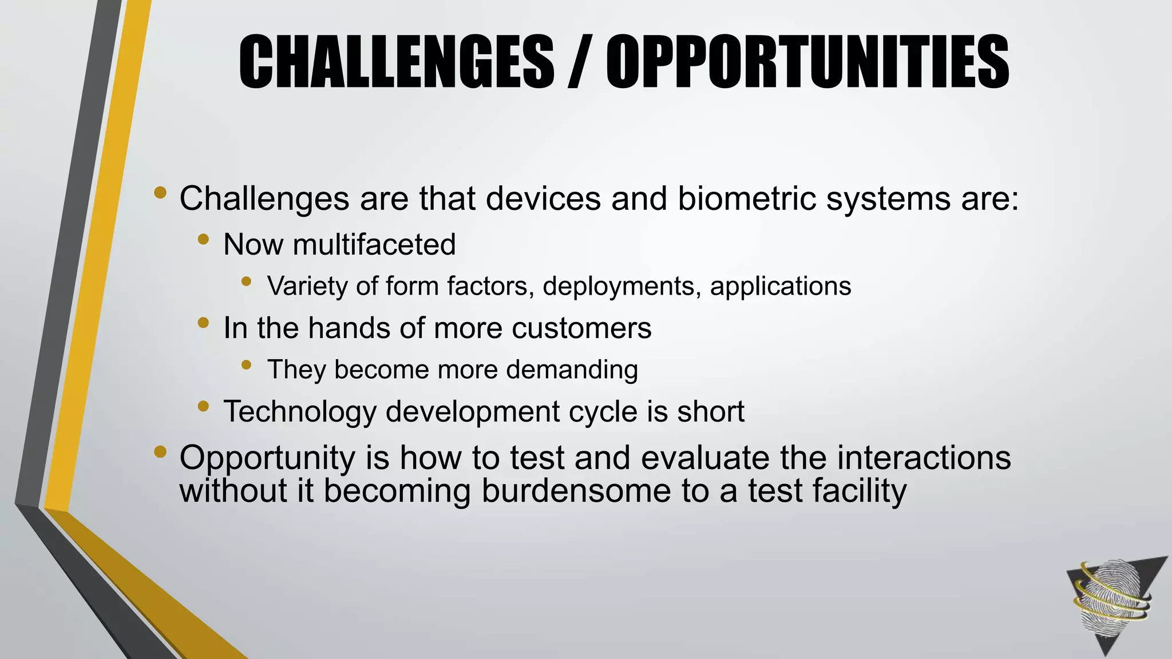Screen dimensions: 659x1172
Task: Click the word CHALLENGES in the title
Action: coord(396,61)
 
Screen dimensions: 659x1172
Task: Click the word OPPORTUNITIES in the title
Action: coord(807,61)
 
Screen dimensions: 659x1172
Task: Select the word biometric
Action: coord(747,199)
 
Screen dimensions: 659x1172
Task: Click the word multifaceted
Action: coord(374,245)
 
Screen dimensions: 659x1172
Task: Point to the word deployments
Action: coord(621,286)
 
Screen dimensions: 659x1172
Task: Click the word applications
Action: coord(781,286)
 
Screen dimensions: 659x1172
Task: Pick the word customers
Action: coord(581,328)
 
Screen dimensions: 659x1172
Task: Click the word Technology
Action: coord(300,412)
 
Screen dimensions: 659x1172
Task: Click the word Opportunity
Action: coord(267,458)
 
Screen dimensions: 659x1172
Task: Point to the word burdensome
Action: coord(576,491)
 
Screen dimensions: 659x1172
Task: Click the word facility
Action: coord(859,491)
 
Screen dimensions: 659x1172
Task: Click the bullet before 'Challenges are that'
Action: coord(160,193)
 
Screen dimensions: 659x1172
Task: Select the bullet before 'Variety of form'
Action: coord(246,281)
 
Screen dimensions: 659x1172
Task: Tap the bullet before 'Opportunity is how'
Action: coord(160,452)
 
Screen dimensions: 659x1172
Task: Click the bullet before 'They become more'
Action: coord(246,364)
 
